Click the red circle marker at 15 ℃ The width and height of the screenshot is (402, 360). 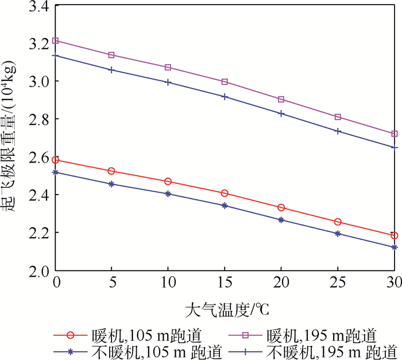(225, 193)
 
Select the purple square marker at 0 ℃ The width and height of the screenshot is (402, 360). (56, 41)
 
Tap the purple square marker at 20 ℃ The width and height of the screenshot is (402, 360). (281, 99)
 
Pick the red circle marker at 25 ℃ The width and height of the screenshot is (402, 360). (338, 222)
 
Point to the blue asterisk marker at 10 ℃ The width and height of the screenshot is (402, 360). (168, 194)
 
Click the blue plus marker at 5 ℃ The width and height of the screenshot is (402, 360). (112, 69)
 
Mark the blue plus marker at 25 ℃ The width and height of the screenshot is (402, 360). (338, 131)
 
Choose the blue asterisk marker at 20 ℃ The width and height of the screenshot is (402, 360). (281, 220)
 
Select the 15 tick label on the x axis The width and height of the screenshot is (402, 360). (225, 282)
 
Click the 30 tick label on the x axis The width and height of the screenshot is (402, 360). (393, 282)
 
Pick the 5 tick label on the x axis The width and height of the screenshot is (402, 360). (112, 282)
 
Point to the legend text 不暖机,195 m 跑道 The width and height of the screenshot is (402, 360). (338, 350)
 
